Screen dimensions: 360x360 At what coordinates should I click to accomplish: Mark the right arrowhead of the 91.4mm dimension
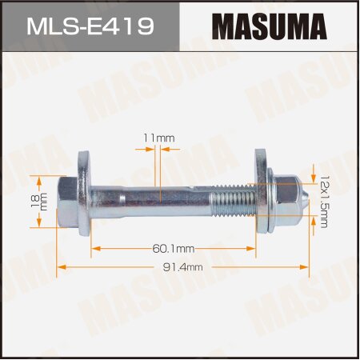click(x=308, y=267)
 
